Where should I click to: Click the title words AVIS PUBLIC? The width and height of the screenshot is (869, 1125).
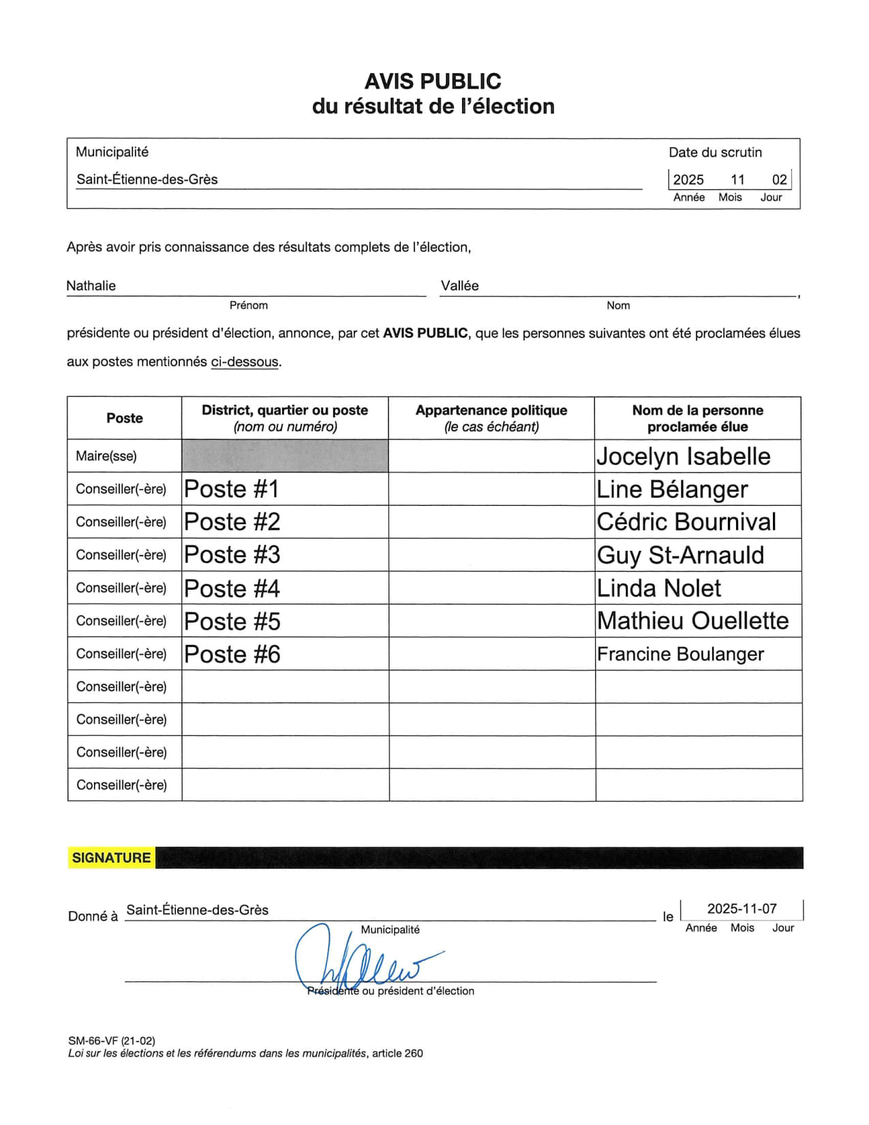[x=433, y=82]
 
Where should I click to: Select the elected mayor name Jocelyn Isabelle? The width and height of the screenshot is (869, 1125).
[x=683, y=456]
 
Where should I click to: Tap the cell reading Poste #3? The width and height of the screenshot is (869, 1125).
[x=232, y=555]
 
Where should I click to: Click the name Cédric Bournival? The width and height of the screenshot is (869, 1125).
[x=686, y=522]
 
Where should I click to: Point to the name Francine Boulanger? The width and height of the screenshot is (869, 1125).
[x=680, y=654]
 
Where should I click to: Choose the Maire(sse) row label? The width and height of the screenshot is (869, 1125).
[x=106, y=456]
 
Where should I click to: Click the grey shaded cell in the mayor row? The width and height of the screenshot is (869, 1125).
[x=285, y=456]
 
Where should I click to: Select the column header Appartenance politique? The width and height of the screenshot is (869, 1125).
[x=491, y=410]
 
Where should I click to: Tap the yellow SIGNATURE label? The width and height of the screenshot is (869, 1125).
[x=111, y=858]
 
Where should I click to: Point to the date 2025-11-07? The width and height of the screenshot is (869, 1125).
[x=742, y=909]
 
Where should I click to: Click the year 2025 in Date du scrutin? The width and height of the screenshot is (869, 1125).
[x=688, y=180]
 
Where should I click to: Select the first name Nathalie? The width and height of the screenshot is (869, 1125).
[x=91, y=286]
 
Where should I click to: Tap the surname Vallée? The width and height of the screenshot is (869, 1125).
[x=459, y=286]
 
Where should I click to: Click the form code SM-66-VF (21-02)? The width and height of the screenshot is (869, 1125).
[x=112, y=1041]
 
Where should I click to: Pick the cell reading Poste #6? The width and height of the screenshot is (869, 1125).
[x=232, y=655]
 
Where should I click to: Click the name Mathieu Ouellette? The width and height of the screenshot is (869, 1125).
[x=692, y=621]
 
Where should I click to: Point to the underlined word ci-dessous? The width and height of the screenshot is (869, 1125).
[x=245, y=362]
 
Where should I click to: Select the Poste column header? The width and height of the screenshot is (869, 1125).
[x=124, y=418]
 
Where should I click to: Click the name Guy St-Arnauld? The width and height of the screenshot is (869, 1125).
[x=680, y=555]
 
